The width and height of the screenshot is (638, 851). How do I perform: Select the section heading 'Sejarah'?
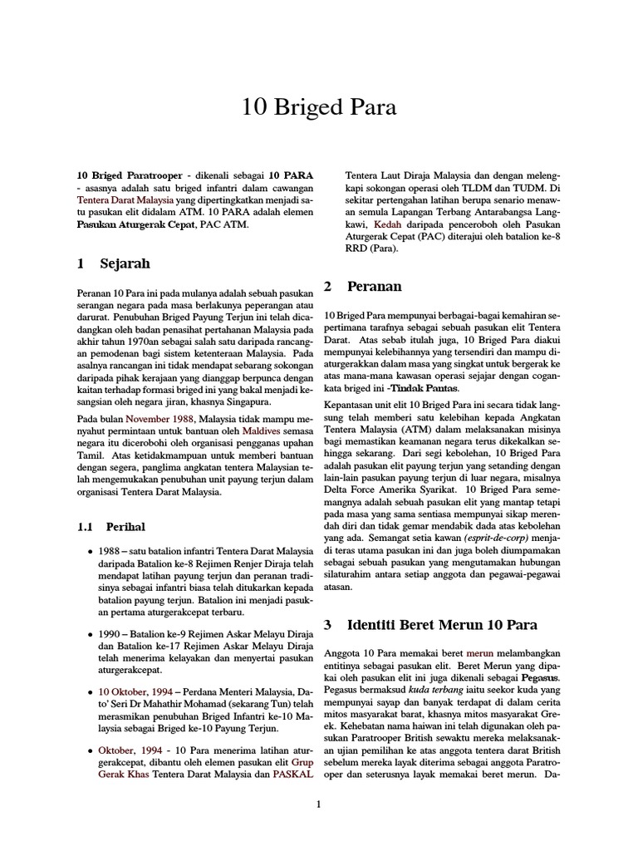point(125,263)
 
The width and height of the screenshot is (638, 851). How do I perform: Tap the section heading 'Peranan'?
point(374,286)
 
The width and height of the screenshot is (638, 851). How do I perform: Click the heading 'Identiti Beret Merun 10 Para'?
point(442,624)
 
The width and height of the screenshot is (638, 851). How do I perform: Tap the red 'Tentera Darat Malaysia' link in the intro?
point(125,200)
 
